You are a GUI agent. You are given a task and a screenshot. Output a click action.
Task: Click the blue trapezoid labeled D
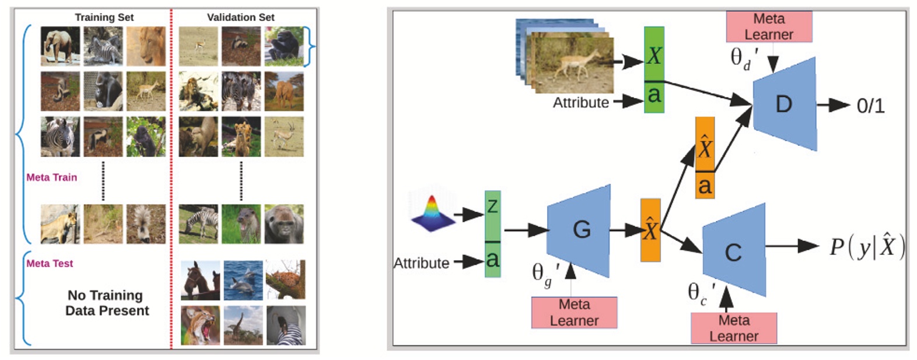coord(784,104)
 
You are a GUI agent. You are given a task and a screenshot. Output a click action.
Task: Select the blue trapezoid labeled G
coord(580,230)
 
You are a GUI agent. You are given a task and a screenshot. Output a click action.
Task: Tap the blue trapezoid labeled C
coord(734,251)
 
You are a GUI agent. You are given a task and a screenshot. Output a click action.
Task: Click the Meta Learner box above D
coord(769,27)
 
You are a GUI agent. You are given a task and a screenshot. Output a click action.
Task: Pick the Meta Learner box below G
coord(574,312)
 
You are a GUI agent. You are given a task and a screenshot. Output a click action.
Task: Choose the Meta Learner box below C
coord(734,328)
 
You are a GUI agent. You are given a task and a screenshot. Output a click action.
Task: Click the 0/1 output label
coord(870,106)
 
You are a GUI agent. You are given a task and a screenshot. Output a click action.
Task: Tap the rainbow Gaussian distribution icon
coord(432,214)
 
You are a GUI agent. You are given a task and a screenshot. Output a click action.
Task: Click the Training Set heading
coord(104,18)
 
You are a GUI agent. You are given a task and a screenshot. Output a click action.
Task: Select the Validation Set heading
coord(240,18)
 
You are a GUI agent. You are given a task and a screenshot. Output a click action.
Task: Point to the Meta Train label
coord(51,177)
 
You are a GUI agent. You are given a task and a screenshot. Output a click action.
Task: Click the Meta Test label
coord(50,264)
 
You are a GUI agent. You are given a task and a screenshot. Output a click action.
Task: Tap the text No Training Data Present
coord(106,303)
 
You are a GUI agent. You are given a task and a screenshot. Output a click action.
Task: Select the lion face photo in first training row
coord(146,46)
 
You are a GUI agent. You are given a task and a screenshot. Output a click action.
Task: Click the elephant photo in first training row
coord(60,46)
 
